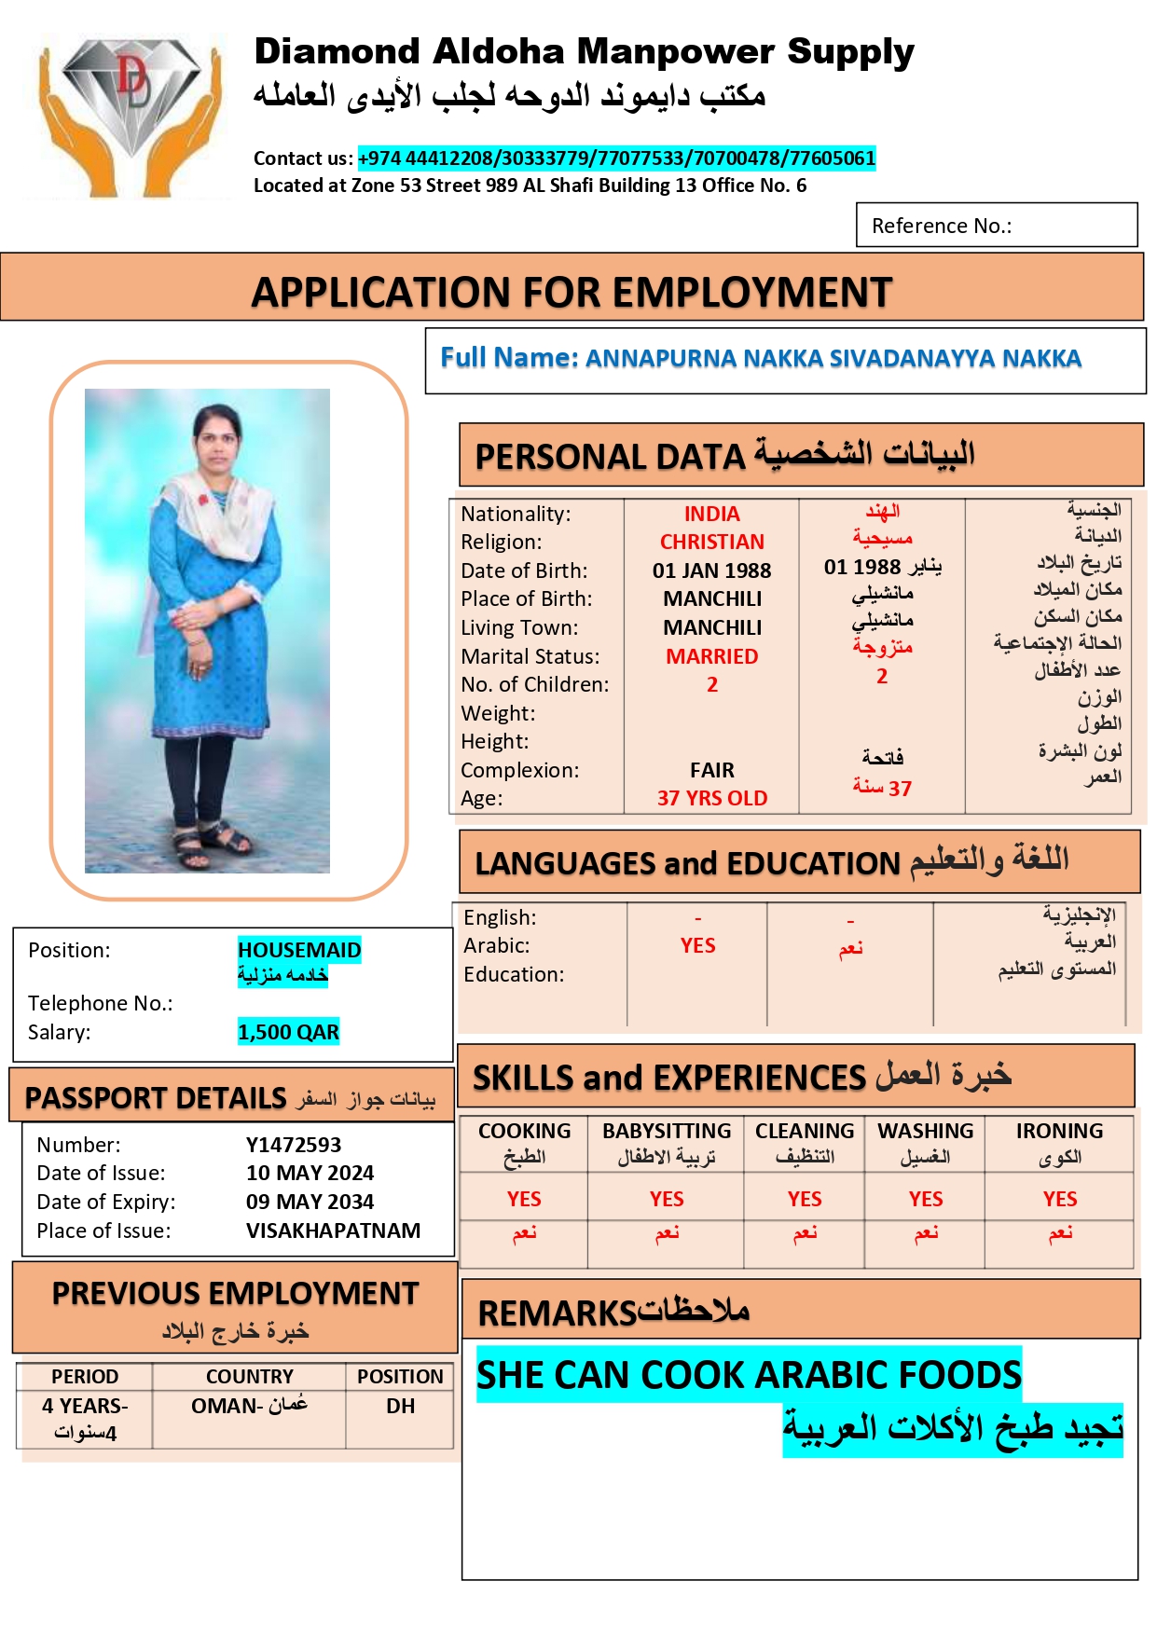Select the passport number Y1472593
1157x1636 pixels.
pyautogui.click(x=294, y=1145)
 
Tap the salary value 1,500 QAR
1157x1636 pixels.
pyautogui.click(x=288, y=1032)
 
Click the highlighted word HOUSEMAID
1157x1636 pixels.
pyautogui.click(x=299, y=950)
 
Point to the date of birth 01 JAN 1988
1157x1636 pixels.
pyautogui.click(x=711, y=571)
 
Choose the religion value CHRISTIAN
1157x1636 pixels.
pyautogui.click(x=711, y=542)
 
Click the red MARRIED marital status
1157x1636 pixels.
pyautogui.click(x=711, y=656)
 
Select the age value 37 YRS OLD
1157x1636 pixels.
pyautogui.click(x=711, y=798)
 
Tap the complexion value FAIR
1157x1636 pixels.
pyautogui.click(x=711, y=770)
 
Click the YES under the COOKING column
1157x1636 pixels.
pyautogui.click(x=524, y=1199)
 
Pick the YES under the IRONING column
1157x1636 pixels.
pyautogui.click(x=1060, y=1199)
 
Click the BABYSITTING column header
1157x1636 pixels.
pyautogui.click(x=667, y=1131)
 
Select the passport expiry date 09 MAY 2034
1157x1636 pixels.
pyautogui.click(x=310, y=1202)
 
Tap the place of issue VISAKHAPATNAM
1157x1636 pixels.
pyautogui.click(x=333, y=1230)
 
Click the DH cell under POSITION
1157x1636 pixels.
pyautogui.click(x=400, y=1406)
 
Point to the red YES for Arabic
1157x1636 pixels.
pyautogui.click(x=697, y=945)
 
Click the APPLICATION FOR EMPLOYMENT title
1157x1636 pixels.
pyautogui.click(x=572, y=292)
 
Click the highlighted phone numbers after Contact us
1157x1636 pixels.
pyautogui.click(x=616, y=158)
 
